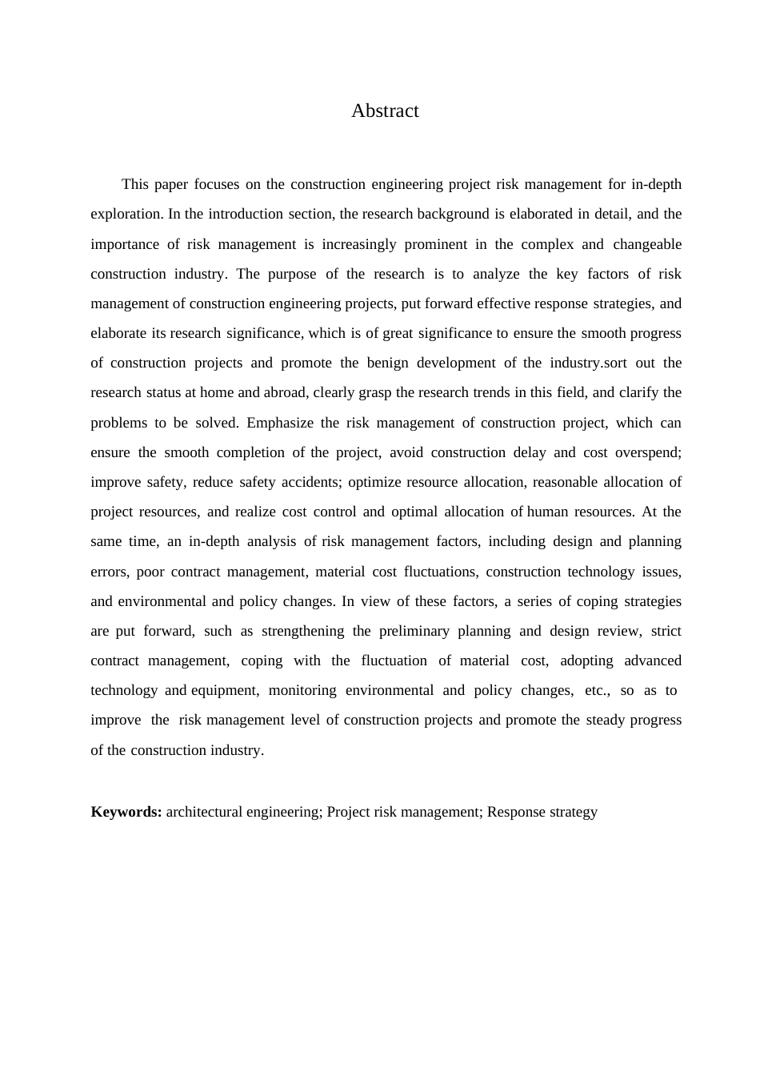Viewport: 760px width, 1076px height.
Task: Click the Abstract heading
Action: pyautogui.click(x=385, y=110)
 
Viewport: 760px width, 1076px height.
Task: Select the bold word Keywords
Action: pyautogui.click(x=126, y=812)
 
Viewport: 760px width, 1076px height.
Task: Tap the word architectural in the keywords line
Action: pyautogui.click(x=204, y=812)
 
